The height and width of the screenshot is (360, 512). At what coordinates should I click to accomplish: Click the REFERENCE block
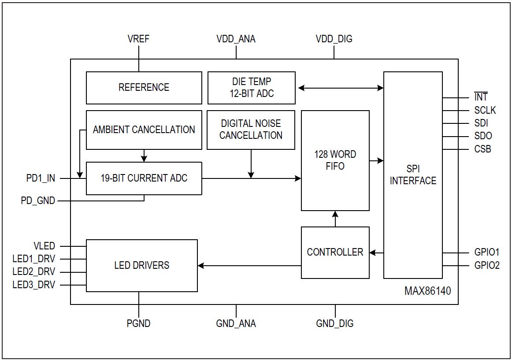[144, 88]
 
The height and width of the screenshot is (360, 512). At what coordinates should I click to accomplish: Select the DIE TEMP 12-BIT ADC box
[251, 88]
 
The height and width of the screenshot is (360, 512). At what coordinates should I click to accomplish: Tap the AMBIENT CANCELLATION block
[144, 130]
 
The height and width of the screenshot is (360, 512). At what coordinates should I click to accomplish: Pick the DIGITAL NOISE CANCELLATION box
[251, 130]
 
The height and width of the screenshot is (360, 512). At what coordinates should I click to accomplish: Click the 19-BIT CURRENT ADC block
[144, 178]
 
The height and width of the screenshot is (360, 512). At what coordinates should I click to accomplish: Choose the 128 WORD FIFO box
[335, 160]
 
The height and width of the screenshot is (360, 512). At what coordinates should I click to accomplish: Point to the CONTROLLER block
[335, 252]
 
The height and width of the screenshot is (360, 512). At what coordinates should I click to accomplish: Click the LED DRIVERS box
[141, 265]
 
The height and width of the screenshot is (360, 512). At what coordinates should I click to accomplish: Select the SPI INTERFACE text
[413, 175]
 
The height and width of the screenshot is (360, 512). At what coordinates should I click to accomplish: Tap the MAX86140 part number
[427, 291]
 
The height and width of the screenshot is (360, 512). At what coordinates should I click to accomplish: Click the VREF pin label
[138, 39]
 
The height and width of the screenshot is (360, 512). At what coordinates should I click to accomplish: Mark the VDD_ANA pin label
[236, 39]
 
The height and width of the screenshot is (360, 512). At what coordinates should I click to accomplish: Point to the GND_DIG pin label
[334, 323]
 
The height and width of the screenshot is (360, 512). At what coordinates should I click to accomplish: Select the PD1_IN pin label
[41, 178]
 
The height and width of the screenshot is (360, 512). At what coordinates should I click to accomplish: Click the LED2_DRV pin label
[34, 272]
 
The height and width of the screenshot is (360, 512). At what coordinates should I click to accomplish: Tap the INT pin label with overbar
[481, 97]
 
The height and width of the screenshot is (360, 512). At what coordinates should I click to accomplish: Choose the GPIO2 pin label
[487, 266]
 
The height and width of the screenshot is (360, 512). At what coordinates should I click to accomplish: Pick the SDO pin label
[483, 136]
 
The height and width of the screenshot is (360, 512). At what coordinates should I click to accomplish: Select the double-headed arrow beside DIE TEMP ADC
[341, 88]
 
